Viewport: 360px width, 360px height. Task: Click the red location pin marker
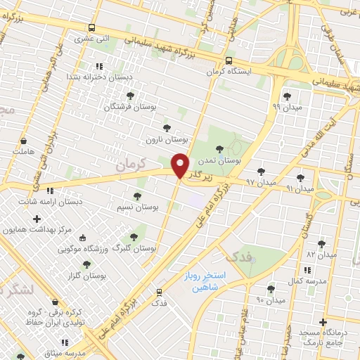point(181,166)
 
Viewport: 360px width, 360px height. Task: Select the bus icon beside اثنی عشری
point(91,29)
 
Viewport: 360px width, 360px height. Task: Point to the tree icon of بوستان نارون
point(166,128)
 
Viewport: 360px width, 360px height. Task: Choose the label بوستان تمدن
point(221,160)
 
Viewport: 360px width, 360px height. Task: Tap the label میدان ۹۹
point(285,108)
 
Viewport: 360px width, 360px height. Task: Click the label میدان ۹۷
point(260,182)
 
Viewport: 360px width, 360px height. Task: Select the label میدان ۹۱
point(300,188)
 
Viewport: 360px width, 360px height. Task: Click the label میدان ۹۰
point(270,300)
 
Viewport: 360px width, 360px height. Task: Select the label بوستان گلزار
point(86,276)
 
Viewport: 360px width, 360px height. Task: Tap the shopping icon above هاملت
point(23,140)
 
